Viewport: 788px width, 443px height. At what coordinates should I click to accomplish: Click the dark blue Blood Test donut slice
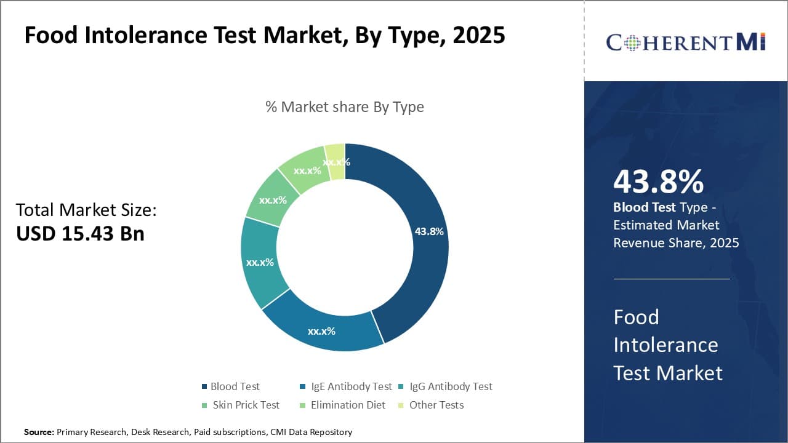coord(425,258)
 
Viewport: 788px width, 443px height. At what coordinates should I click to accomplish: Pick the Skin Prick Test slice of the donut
coord(271,199)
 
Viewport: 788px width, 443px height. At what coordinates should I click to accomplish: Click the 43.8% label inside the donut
coord(429,231)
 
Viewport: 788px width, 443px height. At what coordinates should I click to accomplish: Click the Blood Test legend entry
coord(235,386)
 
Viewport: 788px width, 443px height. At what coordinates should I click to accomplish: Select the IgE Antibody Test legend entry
coord(351,386)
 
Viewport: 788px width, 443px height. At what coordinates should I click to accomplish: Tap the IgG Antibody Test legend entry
coord(451,386)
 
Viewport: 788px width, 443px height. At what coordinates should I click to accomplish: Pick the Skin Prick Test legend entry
coord(246,405)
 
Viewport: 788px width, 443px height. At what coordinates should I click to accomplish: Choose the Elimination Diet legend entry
coord(348,405)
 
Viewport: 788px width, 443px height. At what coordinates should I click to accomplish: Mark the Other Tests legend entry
coord(436,405)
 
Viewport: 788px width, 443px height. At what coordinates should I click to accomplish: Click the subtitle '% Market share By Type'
coord(345,107)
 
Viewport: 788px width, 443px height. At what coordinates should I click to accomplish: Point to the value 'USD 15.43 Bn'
coord(80,234)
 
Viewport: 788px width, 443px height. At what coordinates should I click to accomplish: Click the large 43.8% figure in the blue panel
coord(658,182)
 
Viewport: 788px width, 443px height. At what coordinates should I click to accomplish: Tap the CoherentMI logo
coord(685,42)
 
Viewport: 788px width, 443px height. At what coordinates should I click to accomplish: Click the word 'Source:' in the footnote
coord(39,432)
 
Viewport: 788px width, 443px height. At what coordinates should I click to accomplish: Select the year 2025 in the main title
coord(478,36)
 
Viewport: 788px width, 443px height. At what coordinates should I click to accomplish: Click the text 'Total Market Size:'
coord(86,210)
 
